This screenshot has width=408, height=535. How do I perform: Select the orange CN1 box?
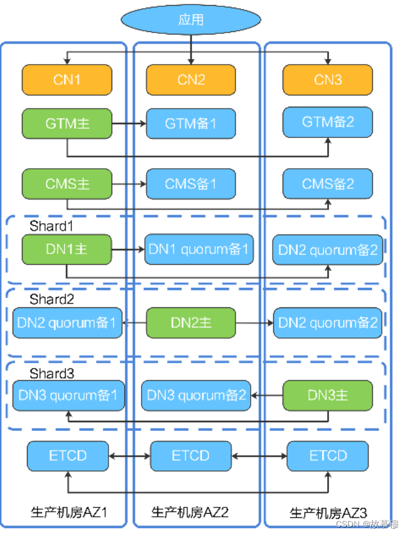67,80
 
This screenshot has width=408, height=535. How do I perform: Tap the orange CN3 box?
328,80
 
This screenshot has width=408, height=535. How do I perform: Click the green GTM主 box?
67,124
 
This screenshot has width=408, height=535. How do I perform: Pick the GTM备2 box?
328,122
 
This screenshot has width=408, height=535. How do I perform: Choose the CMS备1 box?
191,184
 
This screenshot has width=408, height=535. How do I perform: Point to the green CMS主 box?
67,184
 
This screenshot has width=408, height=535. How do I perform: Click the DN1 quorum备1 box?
198,249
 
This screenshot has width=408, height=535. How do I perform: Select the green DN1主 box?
67,249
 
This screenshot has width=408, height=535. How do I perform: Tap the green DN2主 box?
191,322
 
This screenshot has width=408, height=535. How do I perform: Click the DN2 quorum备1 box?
67,323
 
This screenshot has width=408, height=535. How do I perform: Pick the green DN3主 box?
328,395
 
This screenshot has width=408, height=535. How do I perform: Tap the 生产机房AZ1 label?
69,512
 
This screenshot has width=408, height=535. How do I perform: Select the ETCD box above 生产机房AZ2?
191,455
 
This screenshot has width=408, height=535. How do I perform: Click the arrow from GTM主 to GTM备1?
129,124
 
